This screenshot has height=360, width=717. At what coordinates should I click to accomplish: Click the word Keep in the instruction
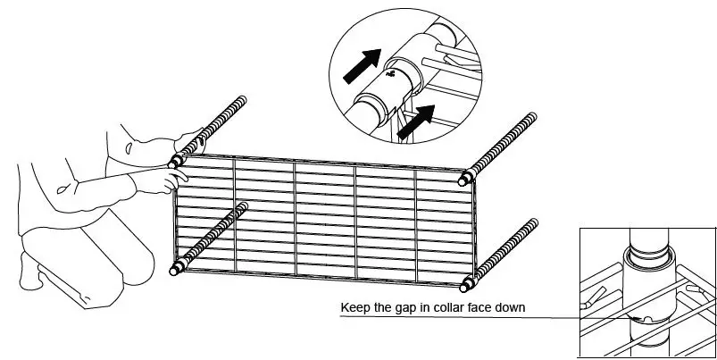[x=354, y=309]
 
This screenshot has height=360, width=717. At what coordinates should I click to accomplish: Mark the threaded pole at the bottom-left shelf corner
[x=210, y=237]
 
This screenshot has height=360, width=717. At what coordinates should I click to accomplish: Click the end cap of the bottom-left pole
[x=176, y=267]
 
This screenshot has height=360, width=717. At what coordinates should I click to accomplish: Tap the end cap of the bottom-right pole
[x=465, y=283]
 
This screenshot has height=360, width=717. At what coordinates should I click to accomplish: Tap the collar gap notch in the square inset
[x=640, y=319]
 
